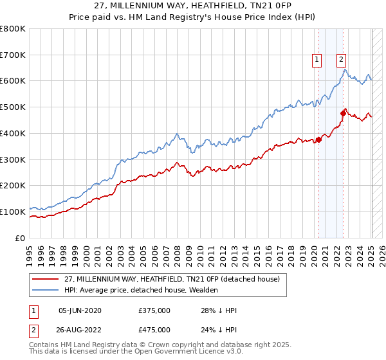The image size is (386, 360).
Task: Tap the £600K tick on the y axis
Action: tap(13, 81)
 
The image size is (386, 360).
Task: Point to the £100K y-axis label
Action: tap(13, 211)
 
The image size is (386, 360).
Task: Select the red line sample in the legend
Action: tap(46, 280)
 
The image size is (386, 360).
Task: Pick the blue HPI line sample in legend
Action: tap(46, 291)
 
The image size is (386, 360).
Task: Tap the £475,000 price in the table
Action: tap(154, 330)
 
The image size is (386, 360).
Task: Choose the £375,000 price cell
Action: tap(154, 310)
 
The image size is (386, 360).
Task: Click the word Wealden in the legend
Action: tap(203, 291)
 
